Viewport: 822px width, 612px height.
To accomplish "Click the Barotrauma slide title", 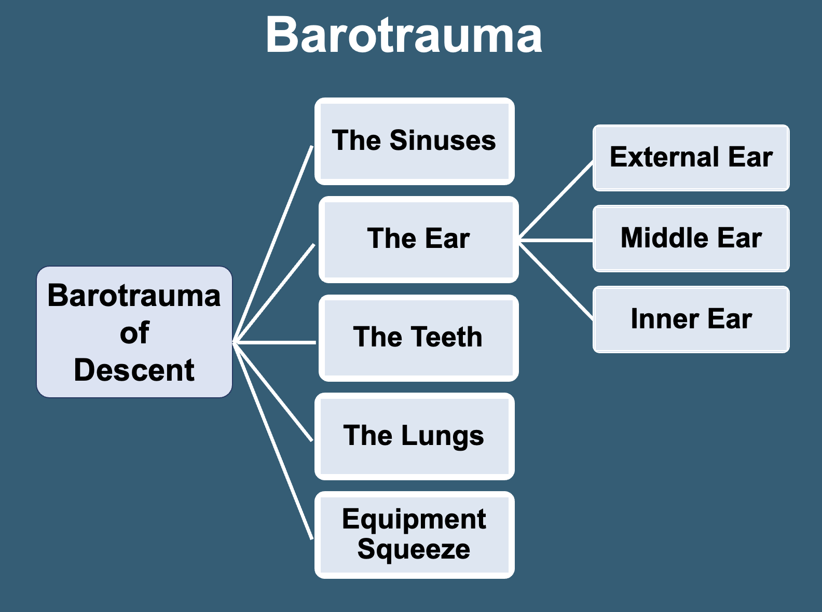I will (x=404, y=35).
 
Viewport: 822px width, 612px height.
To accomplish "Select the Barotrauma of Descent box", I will (x=134, y=332).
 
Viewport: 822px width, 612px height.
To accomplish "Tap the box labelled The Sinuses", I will (x=414, y=141).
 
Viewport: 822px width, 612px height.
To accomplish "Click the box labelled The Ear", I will (x=418, y=239).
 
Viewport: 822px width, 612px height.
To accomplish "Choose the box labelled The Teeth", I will (x=418, y=338).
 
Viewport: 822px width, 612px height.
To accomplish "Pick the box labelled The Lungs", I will (x=414, y=436).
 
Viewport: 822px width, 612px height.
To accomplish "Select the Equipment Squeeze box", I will (x=414, y=534).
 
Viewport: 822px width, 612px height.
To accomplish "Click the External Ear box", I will (x=691, y=158).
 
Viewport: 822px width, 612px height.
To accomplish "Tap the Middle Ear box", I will (x=691, y=239).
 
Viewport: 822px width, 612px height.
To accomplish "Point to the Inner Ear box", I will (x=691, y=319).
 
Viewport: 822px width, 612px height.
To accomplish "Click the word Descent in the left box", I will (x=134, y=370).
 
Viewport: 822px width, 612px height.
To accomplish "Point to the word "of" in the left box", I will (x=134, y=332).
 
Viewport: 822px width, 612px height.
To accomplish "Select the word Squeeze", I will (x=414, y=549).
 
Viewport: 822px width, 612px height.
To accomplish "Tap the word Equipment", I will (x=414, y=519).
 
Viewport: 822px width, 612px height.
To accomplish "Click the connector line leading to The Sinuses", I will (x=273, y=244).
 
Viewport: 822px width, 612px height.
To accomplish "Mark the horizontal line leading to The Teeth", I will (x=275, y=342).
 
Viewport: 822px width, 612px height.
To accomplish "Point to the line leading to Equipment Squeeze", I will (x=273, y=441).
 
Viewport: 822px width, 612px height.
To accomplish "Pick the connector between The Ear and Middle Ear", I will (x=556, y=240).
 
